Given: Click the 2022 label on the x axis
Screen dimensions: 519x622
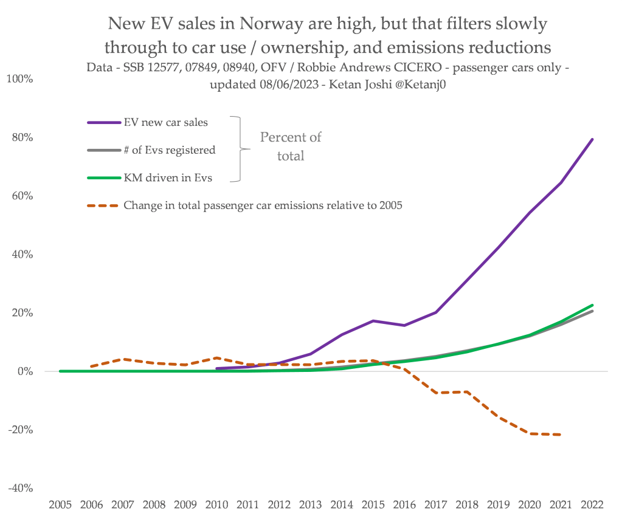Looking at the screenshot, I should click(592, 506).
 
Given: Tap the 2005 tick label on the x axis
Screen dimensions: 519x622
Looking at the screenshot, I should click(61, 506).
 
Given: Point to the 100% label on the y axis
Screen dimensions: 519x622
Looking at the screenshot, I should click(20, 79).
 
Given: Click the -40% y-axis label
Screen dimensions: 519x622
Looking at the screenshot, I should click(20, 488).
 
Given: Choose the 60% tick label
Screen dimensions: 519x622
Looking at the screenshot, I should click(22, 196).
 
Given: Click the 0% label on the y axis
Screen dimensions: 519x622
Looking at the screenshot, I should click(24, 371).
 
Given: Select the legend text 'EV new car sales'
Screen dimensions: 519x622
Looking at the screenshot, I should click(165, 122).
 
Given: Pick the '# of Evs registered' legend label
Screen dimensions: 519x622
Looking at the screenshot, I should click(169, 150).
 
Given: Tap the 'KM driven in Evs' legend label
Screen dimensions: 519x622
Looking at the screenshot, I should click(165, 177).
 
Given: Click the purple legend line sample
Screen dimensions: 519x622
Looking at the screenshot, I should click(103, 122).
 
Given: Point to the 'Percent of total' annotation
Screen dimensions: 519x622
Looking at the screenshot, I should click(291, 146).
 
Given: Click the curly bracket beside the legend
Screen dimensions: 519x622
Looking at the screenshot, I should click(239, 149).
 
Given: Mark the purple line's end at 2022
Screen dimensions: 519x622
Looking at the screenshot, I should click(592, 139).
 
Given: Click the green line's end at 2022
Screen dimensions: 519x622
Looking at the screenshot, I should click(592, 305).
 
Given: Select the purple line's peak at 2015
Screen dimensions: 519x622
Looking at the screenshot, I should click(373, 320).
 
